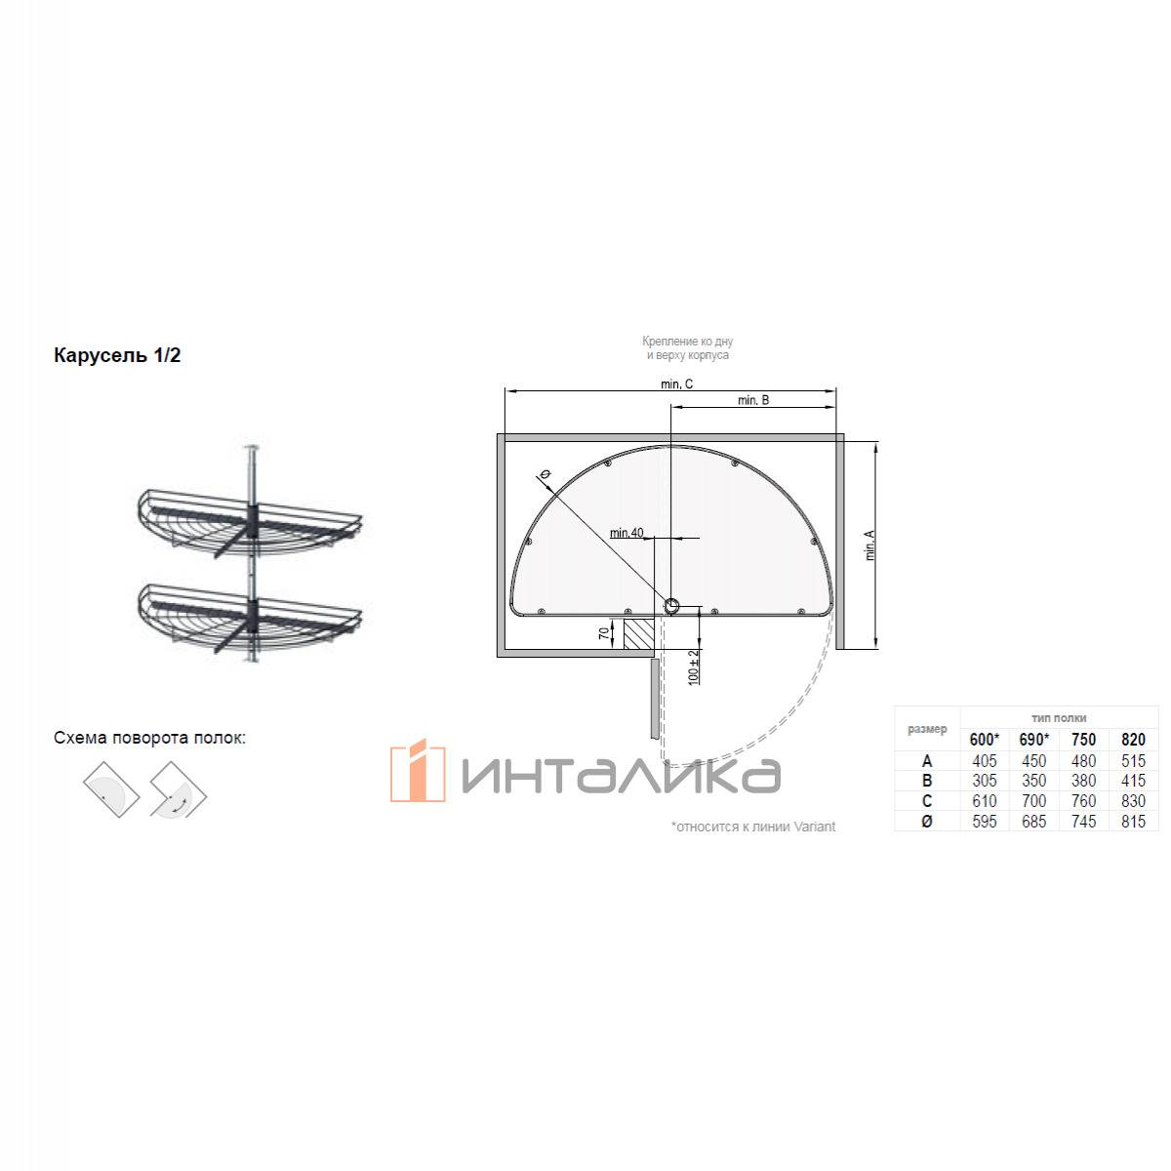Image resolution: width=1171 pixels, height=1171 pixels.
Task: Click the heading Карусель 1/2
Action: click(x=117, y=355)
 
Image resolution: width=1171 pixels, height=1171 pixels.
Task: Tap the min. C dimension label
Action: click(x=676, y=384)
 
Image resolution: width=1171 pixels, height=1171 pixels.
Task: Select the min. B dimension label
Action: click(x=753, y=400)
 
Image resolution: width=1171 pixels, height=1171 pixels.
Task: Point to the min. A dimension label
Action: click(x=870, y=545)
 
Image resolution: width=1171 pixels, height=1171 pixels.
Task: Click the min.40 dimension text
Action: click(x=626, y=533)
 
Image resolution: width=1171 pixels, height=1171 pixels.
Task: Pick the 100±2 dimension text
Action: click(x=694, y=667)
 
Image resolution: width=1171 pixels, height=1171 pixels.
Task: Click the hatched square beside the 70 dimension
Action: click(x=638, y=634)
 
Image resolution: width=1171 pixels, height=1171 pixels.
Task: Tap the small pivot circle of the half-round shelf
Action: click(x=671, y=605)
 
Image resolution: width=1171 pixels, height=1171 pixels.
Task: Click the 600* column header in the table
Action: click(x=985, y=740)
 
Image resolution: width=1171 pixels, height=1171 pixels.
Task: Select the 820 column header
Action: click(x=1133, y=740)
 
